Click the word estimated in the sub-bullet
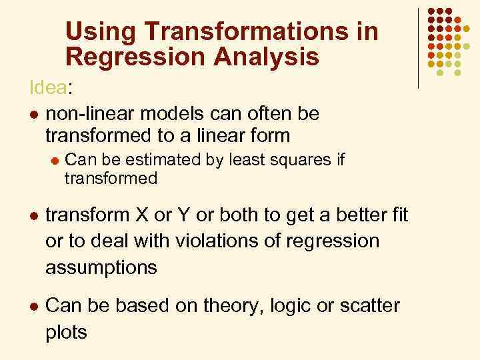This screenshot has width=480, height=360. (145, 160)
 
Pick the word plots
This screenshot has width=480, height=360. (66, 332)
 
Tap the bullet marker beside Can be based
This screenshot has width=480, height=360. (33, 307)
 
